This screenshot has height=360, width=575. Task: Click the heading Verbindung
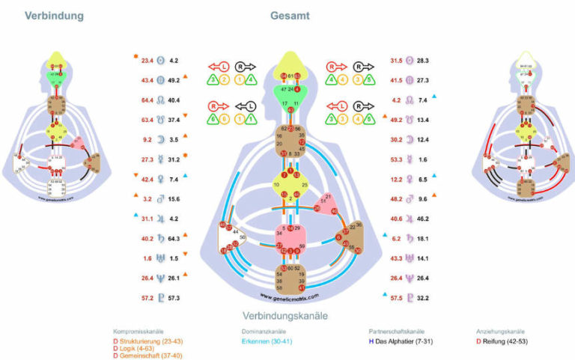(54, 16)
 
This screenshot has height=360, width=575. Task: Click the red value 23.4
(147, 60)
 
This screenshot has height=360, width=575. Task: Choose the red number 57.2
(147, 299)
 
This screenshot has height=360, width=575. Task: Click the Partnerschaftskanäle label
(398, 331)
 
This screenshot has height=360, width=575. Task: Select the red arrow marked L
(218, 67)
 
